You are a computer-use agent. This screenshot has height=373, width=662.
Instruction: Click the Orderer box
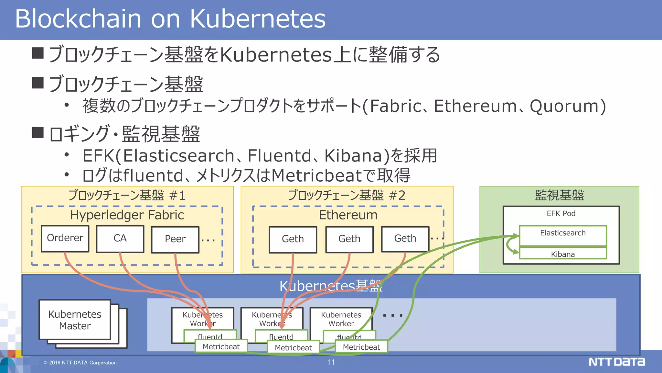point(65,238)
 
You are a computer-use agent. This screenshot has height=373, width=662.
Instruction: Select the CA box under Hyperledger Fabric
point(120,239)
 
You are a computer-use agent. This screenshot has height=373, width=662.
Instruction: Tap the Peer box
point(175,239)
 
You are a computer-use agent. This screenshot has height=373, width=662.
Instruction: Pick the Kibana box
point(563,254)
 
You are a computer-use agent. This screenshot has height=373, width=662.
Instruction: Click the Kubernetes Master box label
point(75,320)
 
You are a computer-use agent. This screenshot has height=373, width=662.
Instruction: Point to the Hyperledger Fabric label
point(127,215)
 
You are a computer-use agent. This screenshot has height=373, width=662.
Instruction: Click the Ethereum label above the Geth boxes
point(348,215)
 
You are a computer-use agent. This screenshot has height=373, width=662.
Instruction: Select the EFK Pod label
point(561,214)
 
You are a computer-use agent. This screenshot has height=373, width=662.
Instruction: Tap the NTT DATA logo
point(616,362)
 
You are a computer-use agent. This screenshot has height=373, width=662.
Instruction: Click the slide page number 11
point(331,362)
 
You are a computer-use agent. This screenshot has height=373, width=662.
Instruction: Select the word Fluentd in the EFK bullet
point(279,156)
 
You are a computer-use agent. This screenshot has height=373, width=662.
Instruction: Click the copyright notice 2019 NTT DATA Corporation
point(80,363)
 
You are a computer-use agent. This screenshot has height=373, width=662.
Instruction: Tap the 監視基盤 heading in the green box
point(559,195)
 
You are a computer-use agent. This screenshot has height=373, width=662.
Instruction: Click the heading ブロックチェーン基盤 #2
point(347,195)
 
